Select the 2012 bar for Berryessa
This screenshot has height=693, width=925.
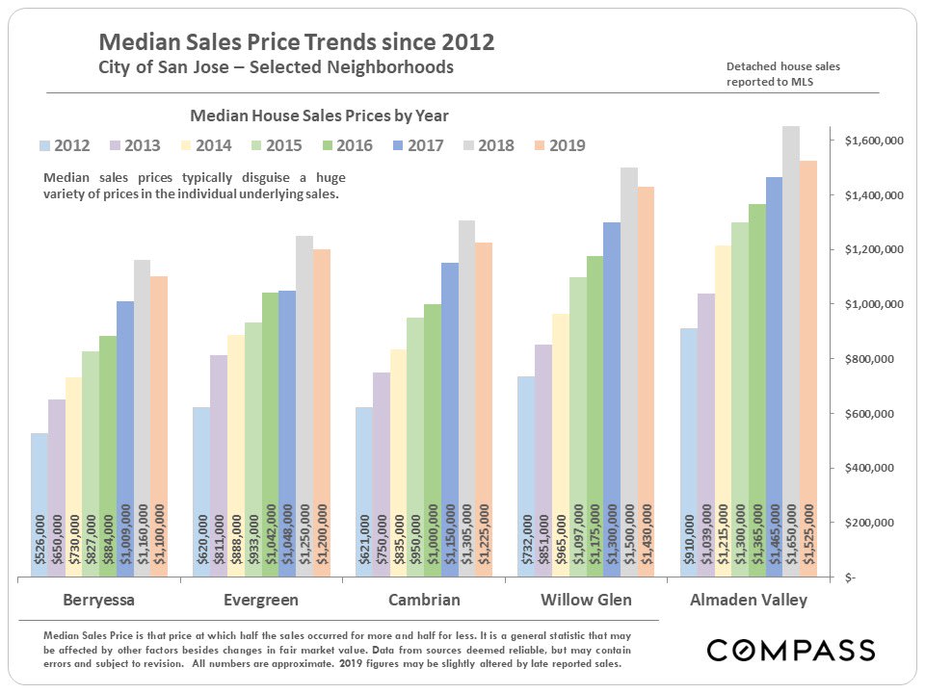[x=40, y=505]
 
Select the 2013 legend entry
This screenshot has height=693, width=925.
[x=131, y=146]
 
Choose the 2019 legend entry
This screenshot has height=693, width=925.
[x=556, y=146]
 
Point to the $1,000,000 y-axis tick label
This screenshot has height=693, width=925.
[x=873, y=305]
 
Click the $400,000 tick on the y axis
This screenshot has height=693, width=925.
[x=875, y=469]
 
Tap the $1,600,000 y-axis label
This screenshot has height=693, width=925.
[x=873, y=141]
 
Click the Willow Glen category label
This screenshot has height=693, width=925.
[x=586, y=601]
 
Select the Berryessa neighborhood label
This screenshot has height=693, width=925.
[x=99, y=601]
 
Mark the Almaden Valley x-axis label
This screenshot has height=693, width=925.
[x=749, y=601]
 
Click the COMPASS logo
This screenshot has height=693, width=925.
[x=791, y=651]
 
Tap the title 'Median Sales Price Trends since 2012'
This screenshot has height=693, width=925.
[x=297, y=43]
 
